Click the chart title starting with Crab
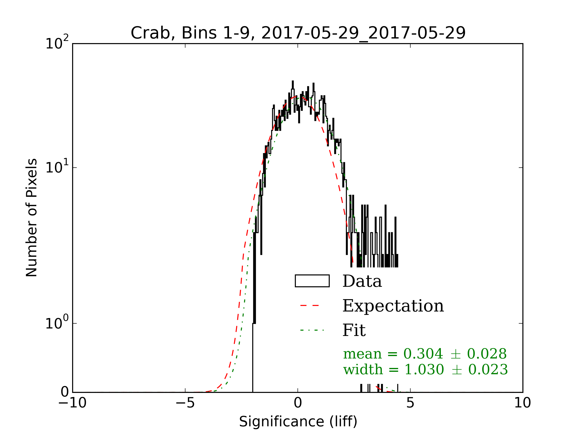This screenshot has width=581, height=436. coord(298,33)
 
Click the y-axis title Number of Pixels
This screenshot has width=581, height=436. coord(31,218)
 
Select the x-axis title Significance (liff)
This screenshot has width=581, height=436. coord(298,421)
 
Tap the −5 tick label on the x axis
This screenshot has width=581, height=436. coord(185,403)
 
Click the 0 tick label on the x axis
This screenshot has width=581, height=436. coord(298,403)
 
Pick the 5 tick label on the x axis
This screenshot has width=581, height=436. coord(410,403)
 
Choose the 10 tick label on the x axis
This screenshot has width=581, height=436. coord(522,403)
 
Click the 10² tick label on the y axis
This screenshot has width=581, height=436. coord(57,43)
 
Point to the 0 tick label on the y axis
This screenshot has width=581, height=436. coord(65,392)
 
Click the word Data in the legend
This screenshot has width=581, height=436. coord(362,281)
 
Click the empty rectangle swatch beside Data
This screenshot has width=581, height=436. coord(312,281)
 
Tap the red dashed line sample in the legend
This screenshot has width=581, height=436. coord(312,306)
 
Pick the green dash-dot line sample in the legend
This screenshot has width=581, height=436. coord(312,330)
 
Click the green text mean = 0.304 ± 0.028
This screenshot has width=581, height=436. coord(425,354)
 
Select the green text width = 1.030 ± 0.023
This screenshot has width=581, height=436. coord(426,370)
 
